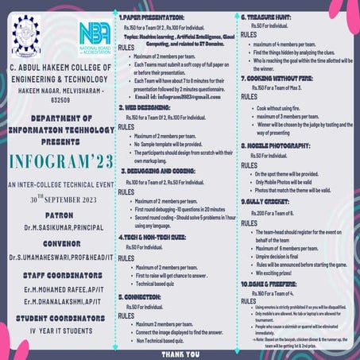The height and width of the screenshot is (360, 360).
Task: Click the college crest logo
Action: pyautogui.click(x=25, y=36)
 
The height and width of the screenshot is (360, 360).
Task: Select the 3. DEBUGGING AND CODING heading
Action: pyautogui.click(x=160, y=171)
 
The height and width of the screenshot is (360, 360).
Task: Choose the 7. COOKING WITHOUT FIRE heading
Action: pyautogui.click(x=280, y=79)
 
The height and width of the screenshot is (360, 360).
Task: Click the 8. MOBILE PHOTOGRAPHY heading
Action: pyautogui.click(x=278, y=145)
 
